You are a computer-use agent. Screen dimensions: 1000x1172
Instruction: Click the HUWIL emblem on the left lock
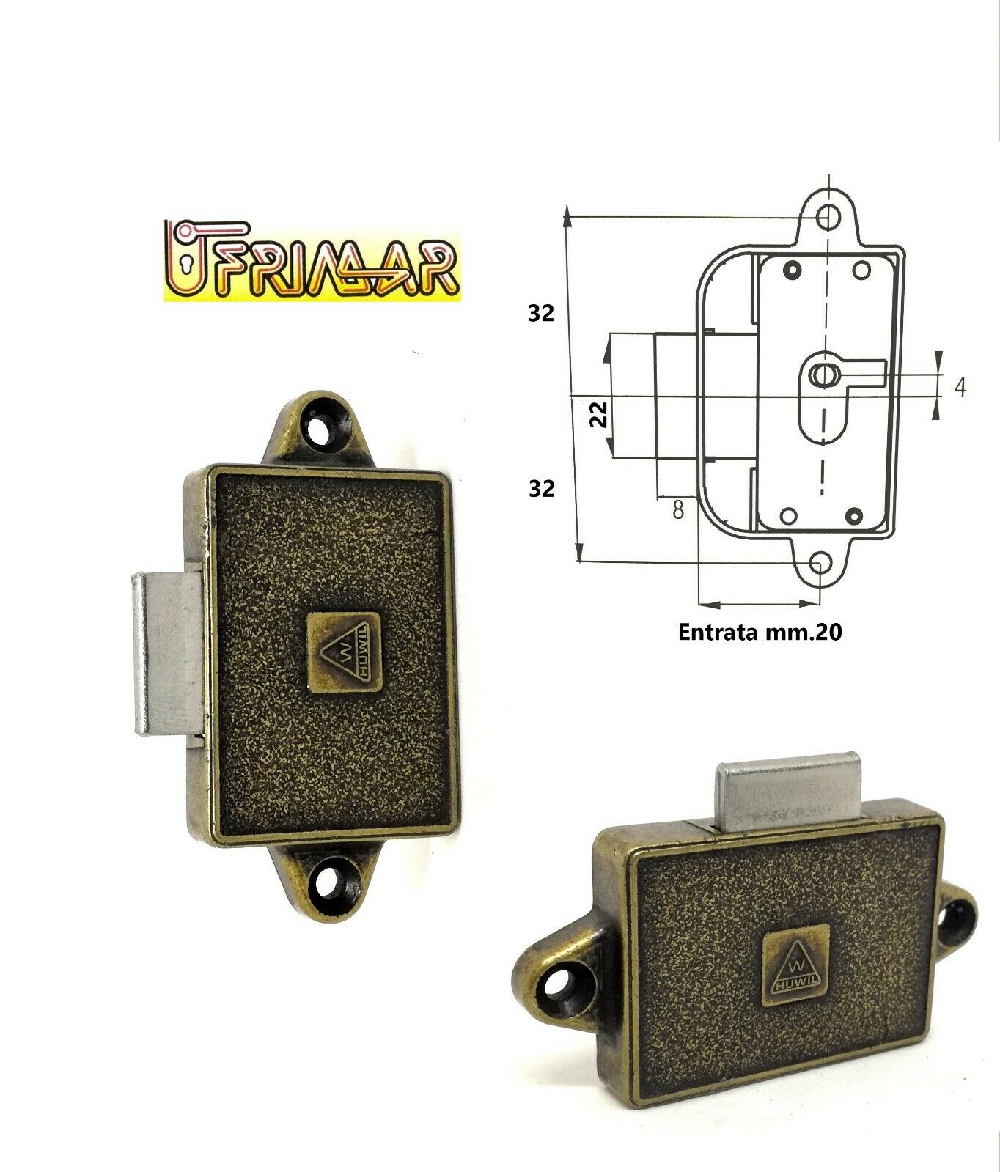coord(343,652)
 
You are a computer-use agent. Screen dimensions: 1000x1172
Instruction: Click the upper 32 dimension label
coord(541,313)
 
